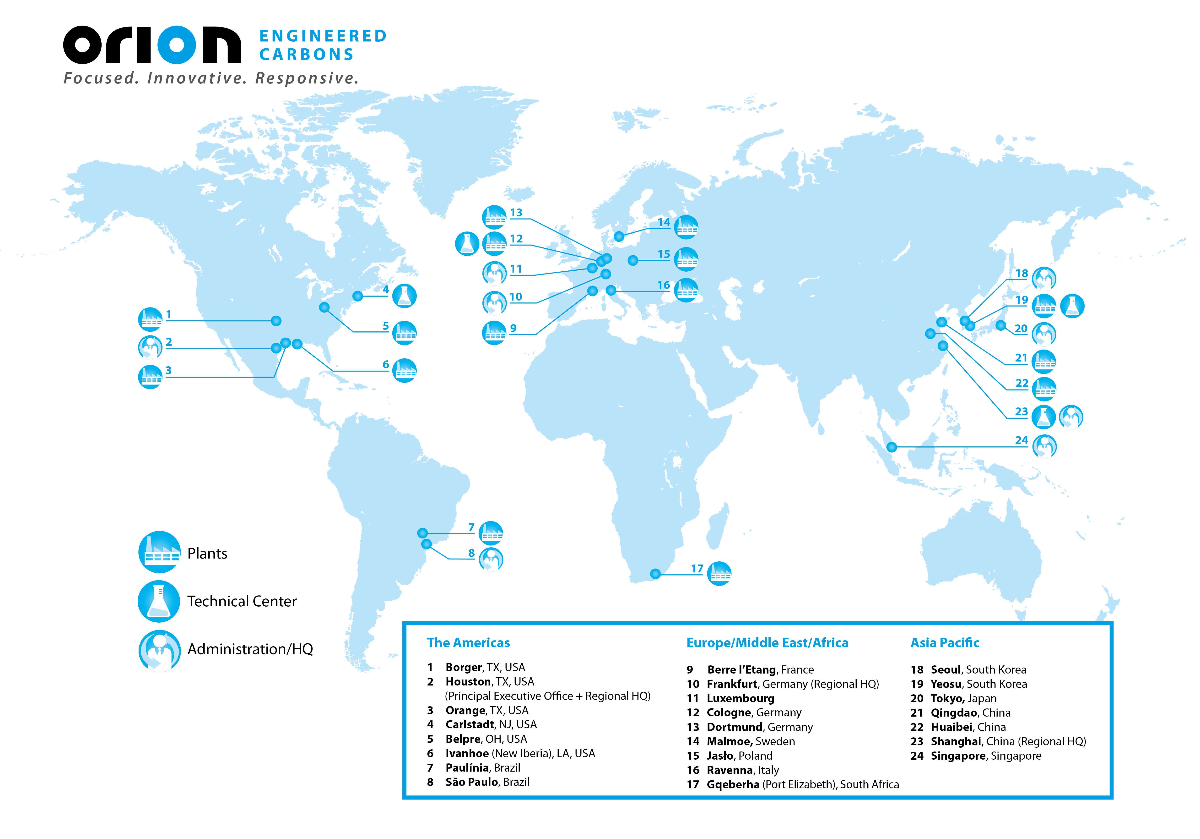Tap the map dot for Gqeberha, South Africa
click(x=655, y=574)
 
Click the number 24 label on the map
click(x=1021, y=440)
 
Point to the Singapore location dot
click(x=892, y=447)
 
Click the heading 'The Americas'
click(x=468, y=642)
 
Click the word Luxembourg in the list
click(x=740, y=698)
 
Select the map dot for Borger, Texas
click(x=276, y=321)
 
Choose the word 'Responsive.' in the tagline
click(x=307, y=78)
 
